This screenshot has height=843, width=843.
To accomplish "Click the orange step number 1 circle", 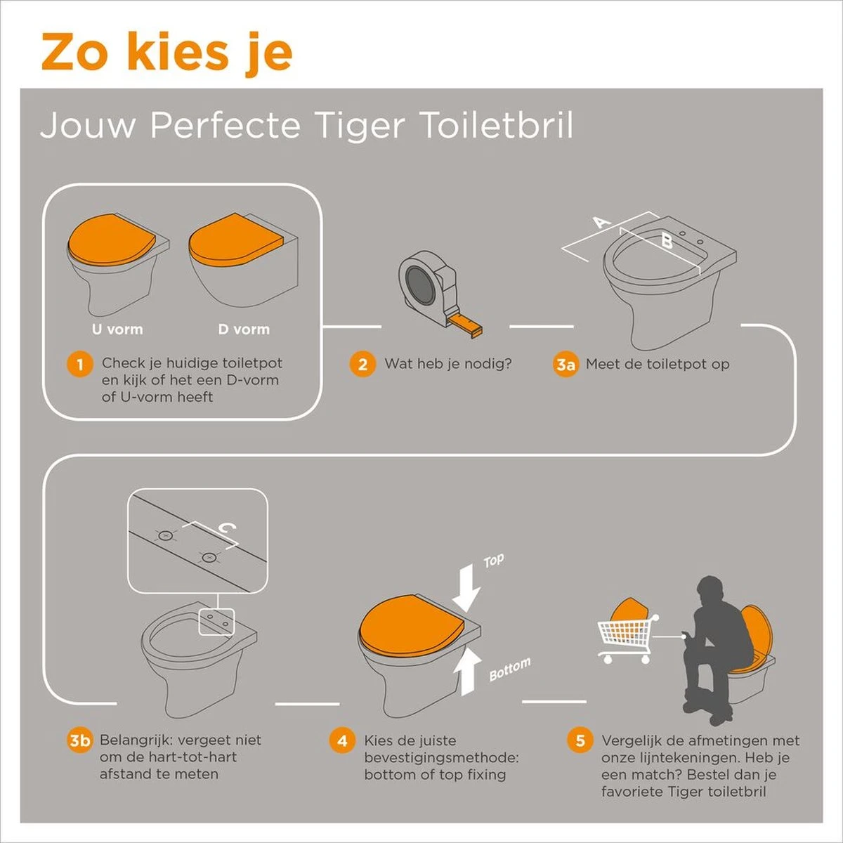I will click(x=80, y=364).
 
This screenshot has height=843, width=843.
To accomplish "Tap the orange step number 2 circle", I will click(x=362, y=364).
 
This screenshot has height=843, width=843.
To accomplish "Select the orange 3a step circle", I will click(x=565, y=364).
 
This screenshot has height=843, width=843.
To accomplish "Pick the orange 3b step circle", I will click(x=80, y=740).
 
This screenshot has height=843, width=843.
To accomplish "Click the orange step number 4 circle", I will click(x=342, y=740).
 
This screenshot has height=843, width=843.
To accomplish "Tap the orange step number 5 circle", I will click(x=580, y=740).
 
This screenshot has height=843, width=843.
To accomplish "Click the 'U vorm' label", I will click(x=117, y=329).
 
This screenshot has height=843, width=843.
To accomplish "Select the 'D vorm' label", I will click(x=243, y=329).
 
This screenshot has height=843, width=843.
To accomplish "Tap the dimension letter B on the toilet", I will click(x=666, y=242).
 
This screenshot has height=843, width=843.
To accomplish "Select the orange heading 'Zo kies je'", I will click(x=166, y=51).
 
